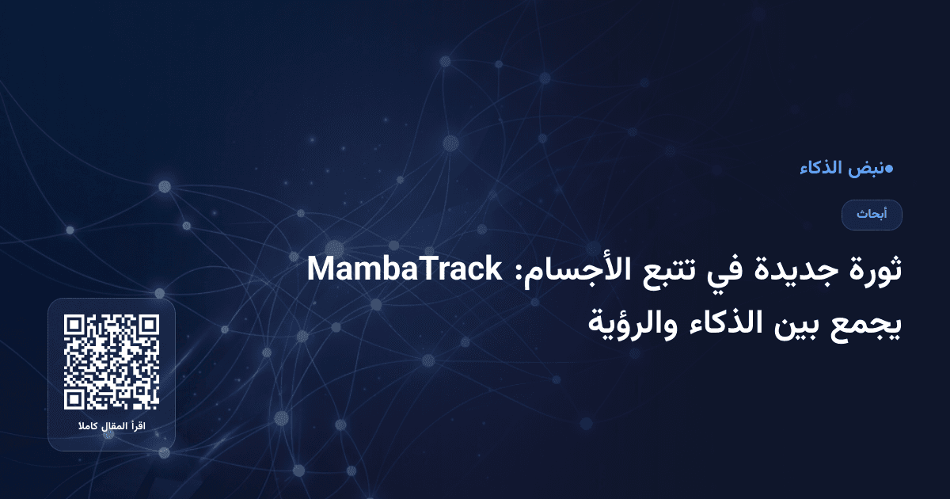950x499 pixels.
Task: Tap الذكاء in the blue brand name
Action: click(820, 168)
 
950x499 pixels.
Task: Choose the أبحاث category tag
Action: click(872, 215)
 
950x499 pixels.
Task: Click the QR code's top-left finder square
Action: click(75, 326)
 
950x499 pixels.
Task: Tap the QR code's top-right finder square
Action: click(148, 326)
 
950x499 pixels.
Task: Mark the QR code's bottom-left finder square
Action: click(75, 398)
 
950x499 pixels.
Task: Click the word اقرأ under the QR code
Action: click(139, 428)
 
